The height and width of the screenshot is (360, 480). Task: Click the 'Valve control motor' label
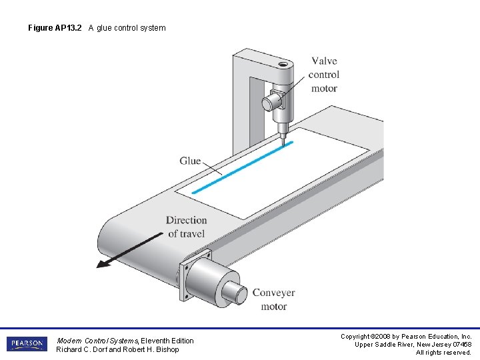tap(324, 75)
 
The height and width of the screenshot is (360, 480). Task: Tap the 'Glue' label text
tap(190, 161)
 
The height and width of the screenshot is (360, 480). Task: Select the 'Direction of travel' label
tap(186, 227)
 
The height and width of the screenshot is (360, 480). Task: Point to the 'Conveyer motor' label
tap(273, 299)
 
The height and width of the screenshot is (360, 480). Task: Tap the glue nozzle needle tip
tap(283, 142)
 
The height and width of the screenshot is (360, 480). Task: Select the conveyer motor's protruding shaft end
tap(235, 291)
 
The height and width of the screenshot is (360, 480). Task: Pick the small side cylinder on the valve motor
tap(268, 103)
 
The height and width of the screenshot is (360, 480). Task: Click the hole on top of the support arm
tap(283, 65)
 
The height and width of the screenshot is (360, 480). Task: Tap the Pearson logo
tap(26, 344)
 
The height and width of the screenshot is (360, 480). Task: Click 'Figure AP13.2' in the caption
tap(55, 28)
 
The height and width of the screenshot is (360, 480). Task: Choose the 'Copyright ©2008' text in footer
tap(363, 337)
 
